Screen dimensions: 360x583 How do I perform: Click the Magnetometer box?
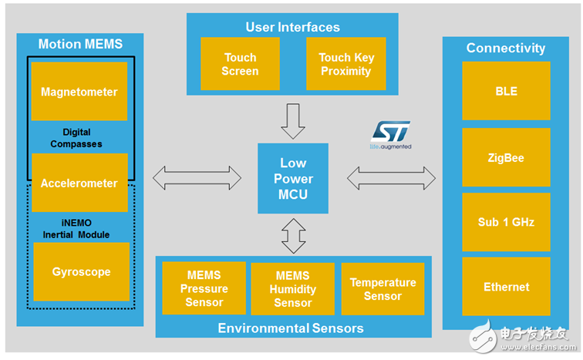(x=79, y=92)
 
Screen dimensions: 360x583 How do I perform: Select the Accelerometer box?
(x=79, y=183)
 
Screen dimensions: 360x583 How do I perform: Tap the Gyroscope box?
(x=81, y=272)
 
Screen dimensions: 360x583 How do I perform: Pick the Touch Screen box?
(x=240, y=64)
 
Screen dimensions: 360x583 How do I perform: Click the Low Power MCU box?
(x=293, y=179)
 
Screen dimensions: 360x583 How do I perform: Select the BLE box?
(x=506, y=91)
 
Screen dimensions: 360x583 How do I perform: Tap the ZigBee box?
(x=506, y=157)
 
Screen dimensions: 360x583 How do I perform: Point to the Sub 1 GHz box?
(x=506, y=222)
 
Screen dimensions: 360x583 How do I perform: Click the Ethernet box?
(x=506, y=287)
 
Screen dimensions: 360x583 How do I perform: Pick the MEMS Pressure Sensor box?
(x=204, y=288)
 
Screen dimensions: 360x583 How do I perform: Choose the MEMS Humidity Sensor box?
(x=293, y=289)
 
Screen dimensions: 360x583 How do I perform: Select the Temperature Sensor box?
(x=382, y=289)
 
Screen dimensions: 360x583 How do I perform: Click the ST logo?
(x=391, y=132)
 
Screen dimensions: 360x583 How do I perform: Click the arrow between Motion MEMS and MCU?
(x=197, y=178)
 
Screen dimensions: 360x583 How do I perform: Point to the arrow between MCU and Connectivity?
(x=391, y=178)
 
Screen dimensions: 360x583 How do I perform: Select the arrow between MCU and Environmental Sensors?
(x=293, y=236)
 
